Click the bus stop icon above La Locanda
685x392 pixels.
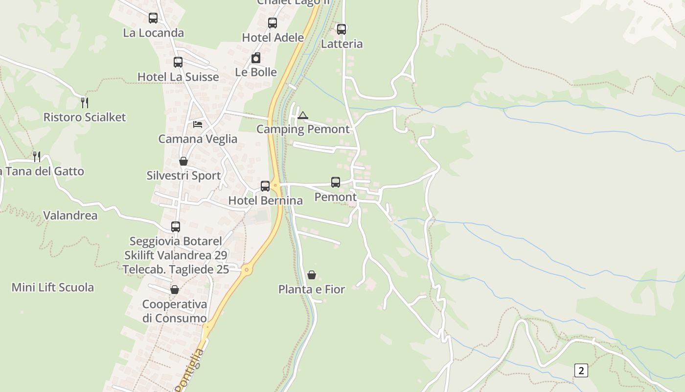pyautogui.click(x=153, y=18)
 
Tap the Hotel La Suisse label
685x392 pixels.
pyautogui.click(x=178, y=77)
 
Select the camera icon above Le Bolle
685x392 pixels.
pyautogui.click(x=256, y=58)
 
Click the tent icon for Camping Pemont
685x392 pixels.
pyautogui.click(x=303, y=116)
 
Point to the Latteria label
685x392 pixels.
pyautogui.click(x=342, y=44)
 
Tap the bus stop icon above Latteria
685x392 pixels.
pyautogui.click(x=342, y=29)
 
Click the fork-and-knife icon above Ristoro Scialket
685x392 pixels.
pyautogui.click(x=85, y=102)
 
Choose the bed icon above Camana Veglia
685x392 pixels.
pyautogui.click(x=198, y=124)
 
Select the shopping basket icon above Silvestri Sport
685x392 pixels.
pyautogui.click(x=183, y=161)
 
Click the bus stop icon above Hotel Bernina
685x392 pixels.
pyautogui.click(x=265, y=186)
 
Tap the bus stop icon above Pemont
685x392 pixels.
pyautogui.click(x=336, y=182)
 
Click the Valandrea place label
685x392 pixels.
pyautogui.click(x=70, y=216)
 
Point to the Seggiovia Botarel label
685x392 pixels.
pyautogui.click(x=176, y=241)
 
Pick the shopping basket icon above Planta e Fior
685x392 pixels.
pyautogui.click(x=312, y=275)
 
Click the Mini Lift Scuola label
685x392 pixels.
pyautogui.click(x=53, y=287)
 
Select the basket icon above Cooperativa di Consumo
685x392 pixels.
pyautogui.click(x=175, y=290)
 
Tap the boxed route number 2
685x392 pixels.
pyautogui.click(x=581, y=370)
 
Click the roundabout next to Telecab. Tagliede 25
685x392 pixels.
pyautogui.click(x=247, y=269)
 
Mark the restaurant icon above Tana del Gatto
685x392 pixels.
pyautogui.click(x=37, y=157)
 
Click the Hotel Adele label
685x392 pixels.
pyautogui.click(x=273, y=38)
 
